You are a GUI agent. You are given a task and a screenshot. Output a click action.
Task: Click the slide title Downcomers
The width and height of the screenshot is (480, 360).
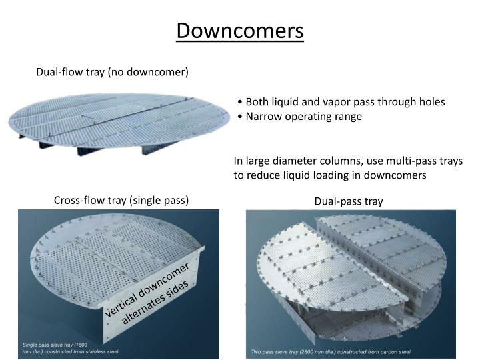240,31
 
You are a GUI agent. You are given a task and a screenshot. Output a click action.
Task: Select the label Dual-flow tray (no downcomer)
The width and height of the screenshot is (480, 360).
112,72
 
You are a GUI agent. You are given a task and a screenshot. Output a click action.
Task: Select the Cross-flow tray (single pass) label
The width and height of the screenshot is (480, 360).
121,200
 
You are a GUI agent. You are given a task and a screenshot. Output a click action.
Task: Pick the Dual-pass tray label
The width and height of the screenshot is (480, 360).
349,201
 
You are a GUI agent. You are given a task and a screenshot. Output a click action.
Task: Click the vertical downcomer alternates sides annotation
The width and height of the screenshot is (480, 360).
151,292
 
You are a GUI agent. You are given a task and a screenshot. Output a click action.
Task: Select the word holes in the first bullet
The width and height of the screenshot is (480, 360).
431,102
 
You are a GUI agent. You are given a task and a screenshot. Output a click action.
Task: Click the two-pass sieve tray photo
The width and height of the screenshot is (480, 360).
350,280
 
